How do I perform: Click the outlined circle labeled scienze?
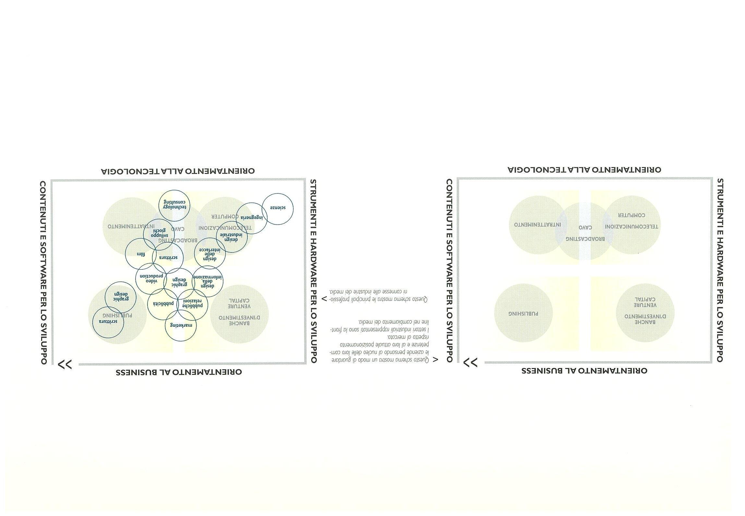click(x=278, y=209)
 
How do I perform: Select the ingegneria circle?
click(x=251, y=218)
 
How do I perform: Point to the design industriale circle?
click(x=231, y=237)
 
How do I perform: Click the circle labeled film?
click(x=141, y=254)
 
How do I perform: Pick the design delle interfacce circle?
click(x=210, y=254)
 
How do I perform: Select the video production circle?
click(x=151, y=278)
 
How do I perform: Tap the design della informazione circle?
click(x=208, y=281)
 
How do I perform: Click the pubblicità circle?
click(x=163, y=304)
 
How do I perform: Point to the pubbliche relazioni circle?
click(x=192, y=304)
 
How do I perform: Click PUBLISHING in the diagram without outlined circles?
click(x=523, y=314)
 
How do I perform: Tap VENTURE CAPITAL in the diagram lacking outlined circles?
click(x=645, y=302)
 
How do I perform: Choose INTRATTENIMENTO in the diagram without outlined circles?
click(x=537, y=225)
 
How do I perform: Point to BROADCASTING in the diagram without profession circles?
click(x=585, y=239)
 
